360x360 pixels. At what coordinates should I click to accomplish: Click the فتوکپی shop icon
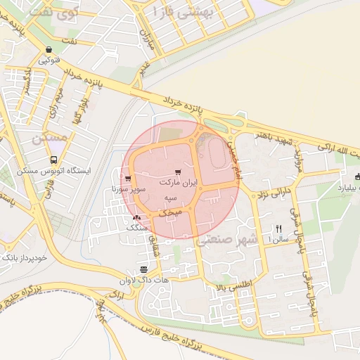click(48, 50)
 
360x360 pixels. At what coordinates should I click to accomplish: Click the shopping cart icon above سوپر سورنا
click(127, 179)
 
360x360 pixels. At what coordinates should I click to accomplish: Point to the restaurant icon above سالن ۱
click(278, 229)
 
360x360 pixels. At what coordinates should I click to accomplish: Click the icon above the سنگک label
click(136, 218)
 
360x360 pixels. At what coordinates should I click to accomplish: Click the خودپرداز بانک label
click(24, 258)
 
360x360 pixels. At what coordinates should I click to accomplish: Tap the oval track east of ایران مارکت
click(215, 151)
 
